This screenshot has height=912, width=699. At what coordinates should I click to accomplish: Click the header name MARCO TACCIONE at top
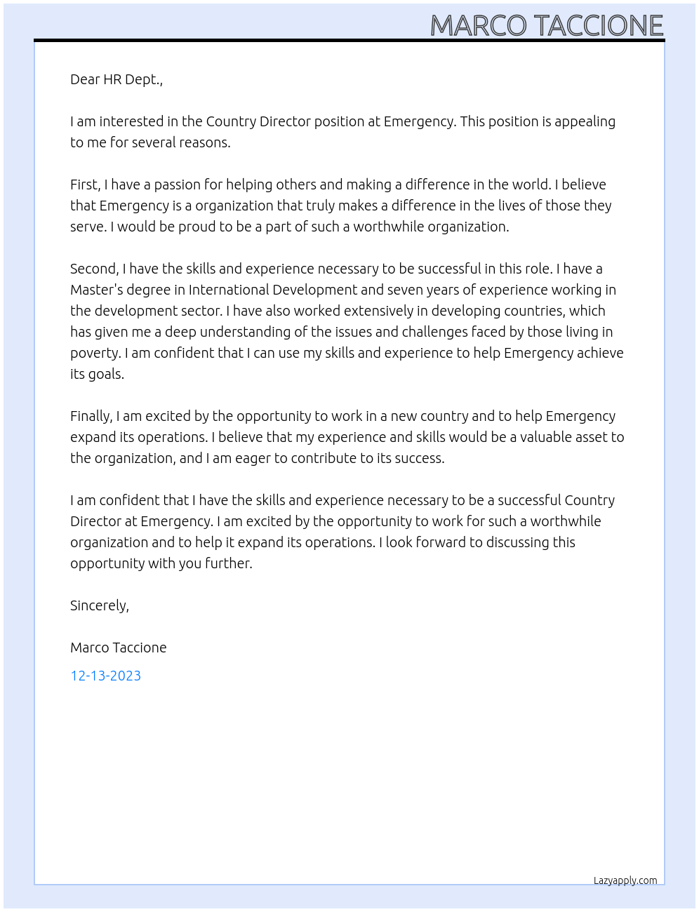point(546,25)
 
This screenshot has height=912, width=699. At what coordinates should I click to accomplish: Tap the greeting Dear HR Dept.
point(116,79)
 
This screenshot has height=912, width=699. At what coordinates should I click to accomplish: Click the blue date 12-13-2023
point(105,676)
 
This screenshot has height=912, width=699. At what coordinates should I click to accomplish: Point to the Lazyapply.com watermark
point(625,880)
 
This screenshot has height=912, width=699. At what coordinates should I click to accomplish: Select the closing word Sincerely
point(99,605)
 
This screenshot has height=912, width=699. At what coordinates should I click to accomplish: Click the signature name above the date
point(118,648)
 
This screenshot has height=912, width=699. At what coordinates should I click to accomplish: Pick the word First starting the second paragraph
point(84,185)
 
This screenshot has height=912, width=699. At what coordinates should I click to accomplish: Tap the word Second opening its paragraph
point(93,269)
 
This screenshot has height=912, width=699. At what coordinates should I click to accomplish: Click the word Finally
point(91,416)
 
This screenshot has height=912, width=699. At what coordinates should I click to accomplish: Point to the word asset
point(590,437)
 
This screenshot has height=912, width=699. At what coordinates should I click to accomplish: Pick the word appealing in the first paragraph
point(585,121)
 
